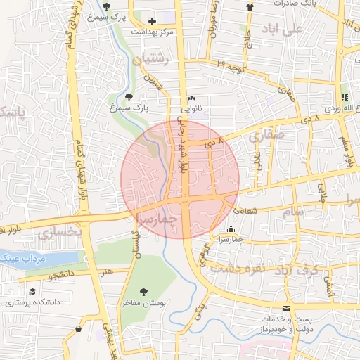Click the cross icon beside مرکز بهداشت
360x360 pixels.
pyautogui.click(x=153, y=21)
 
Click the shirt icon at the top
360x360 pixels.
pyautogui.click(x=250, y=6)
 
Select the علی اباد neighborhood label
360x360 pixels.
pyautogui.click(x=300, y=28)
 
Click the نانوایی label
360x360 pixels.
pyautogui.click(x=192, y=109)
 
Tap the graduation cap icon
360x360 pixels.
pyautogui.click(x=32, y=291)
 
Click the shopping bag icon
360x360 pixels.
pyautogui.click(x=77, y=328)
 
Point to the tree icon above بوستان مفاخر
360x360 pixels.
pyautogui.click(x=143, y=291)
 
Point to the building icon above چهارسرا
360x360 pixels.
pyautogui.click(x=232, y=228)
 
